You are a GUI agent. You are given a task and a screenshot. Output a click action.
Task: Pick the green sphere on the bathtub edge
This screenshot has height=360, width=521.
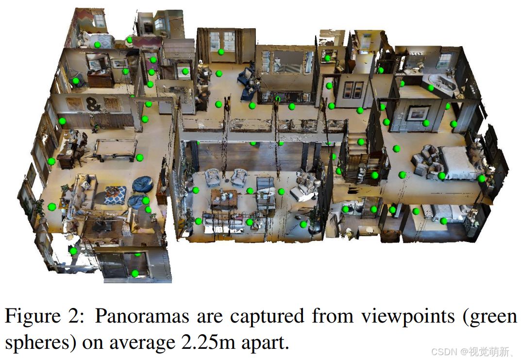(x=431, y=88)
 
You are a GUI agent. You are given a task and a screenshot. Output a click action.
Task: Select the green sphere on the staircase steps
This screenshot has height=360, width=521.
(x=361, y=142)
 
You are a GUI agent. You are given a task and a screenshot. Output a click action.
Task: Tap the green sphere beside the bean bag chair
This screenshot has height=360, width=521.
(x=146, y=201)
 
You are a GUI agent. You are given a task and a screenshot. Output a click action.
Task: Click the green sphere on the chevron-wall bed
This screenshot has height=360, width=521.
(x=97, y=45)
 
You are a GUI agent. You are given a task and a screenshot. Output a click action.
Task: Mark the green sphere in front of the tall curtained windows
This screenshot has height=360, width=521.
(x=221, y=52)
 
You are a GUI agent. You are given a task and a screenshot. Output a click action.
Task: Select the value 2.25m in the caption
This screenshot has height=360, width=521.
(x=207, y=343)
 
